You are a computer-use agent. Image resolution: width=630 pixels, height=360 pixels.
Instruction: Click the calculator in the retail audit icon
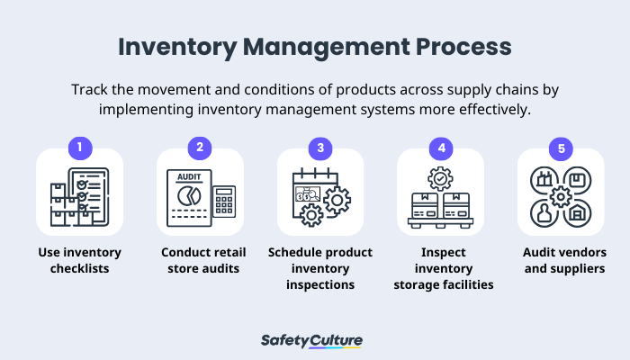[x=224, y=201]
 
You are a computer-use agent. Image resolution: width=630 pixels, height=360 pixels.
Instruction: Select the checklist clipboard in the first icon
[x=88, y=191]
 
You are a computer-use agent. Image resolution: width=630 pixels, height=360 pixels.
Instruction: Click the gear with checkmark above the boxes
[x=441, y=177]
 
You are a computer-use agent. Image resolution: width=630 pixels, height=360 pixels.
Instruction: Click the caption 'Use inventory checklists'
[x=79, y=260]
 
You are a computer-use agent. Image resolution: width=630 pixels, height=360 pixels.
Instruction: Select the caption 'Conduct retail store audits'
[x=200, y=260]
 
